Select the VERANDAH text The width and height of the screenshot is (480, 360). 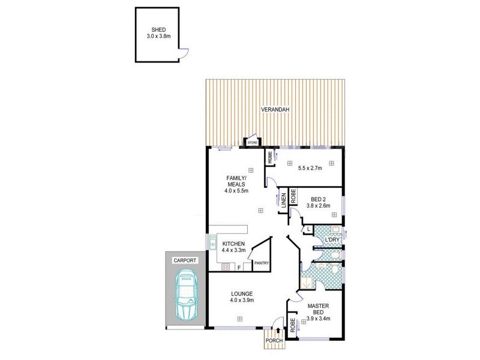point(275,110)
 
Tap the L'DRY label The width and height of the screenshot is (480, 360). point(332,240)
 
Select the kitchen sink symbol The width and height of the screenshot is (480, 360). point(212,243)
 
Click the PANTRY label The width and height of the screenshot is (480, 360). point(261,263)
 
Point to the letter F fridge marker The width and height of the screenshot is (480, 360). point(239,267)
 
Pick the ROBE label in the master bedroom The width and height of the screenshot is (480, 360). point(292,326)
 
